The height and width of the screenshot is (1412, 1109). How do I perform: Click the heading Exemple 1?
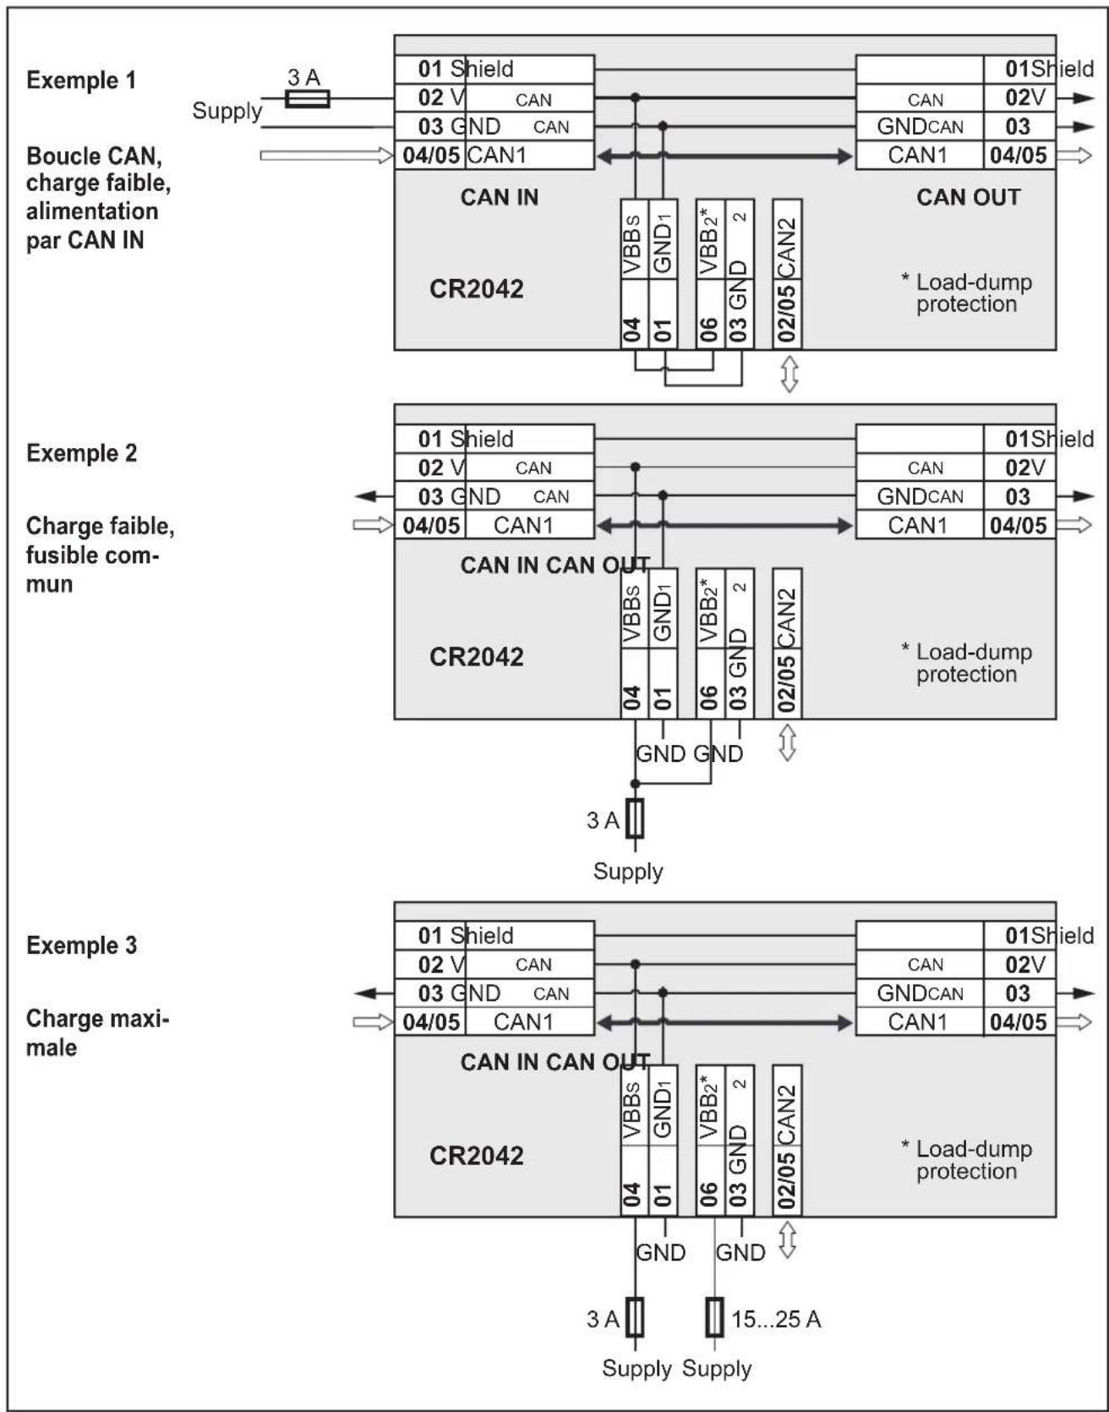(81, 80)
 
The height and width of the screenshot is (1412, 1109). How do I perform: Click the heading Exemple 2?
(81, 453)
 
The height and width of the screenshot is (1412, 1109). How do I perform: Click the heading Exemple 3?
(81, 945)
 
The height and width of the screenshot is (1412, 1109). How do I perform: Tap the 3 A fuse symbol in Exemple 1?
(307, 99)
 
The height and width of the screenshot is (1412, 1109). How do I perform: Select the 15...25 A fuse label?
(776, 1319)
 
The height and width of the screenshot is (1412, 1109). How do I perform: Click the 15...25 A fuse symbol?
(714, 1317)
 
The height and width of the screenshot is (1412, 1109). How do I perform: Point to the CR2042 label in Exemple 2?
(476, 657)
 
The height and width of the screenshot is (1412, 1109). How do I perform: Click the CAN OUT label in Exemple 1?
(968, 197)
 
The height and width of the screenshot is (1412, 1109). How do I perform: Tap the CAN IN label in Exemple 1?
(499, 197)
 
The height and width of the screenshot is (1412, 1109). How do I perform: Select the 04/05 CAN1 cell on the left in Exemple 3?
(494, 1021)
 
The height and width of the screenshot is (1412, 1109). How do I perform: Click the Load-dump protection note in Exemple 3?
(967, 1160)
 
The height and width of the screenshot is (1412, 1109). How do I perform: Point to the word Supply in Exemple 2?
(628, 871)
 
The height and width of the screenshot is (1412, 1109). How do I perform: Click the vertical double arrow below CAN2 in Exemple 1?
(788, 374)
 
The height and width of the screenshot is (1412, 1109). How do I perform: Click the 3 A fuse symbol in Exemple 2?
(635, 818)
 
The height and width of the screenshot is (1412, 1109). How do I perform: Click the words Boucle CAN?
(94, 156)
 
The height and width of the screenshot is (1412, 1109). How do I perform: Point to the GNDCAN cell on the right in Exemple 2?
(919, 496)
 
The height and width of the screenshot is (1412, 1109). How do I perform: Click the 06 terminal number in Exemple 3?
(708, 1194)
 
